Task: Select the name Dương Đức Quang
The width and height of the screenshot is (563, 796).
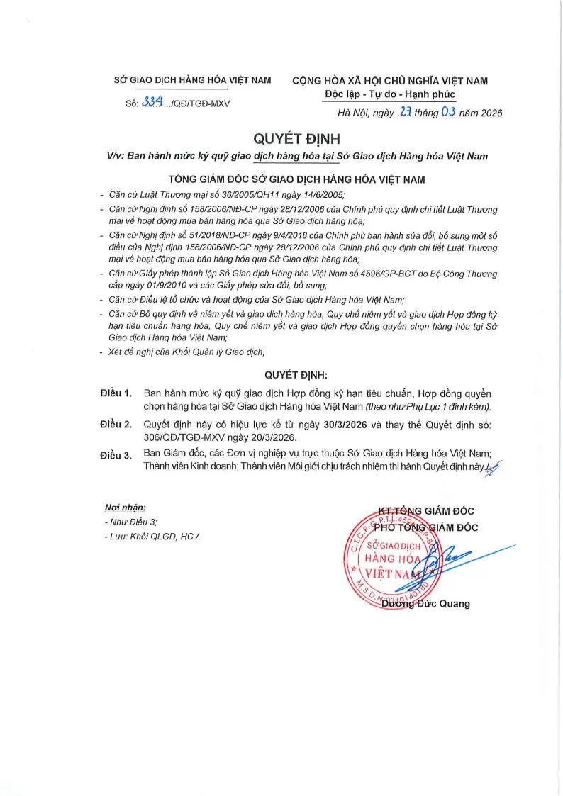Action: point(425,604)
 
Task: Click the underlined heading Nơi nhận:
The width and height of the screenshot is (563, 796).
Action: point(126,508)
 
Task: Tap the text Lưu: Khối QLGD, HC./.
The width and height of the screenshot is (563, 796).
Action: point(152,536)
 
